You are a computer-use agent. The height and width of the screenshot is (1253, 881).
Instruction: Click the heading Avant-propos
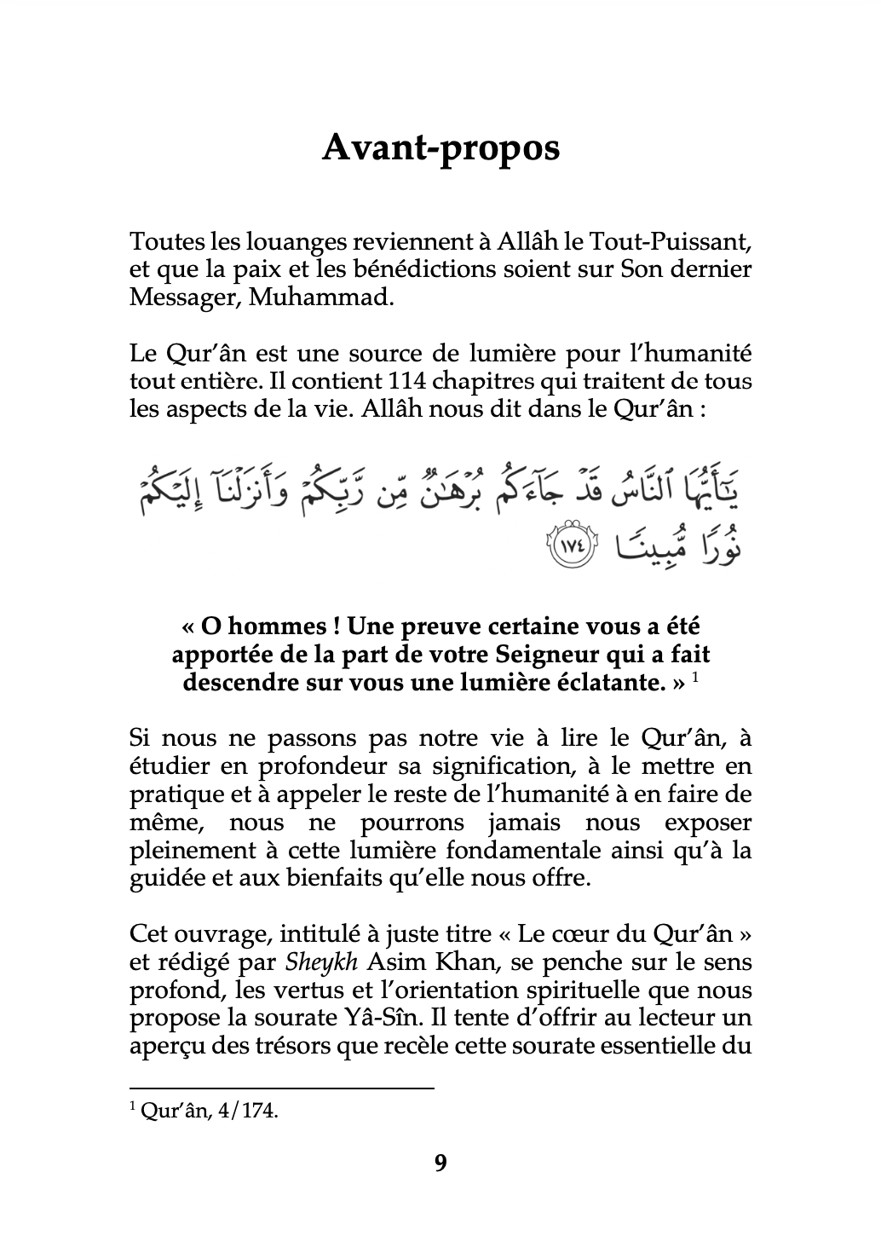point(440,147)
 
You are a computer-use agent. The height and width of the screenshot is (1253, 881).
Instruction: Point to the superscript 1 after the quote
point(695,678)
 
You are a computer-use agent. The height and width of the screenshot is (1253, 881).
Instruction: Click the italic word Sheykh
point(316,962)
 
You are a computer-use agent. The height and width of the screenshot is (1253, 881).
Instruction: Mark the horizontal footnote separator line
point(281,1088)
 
